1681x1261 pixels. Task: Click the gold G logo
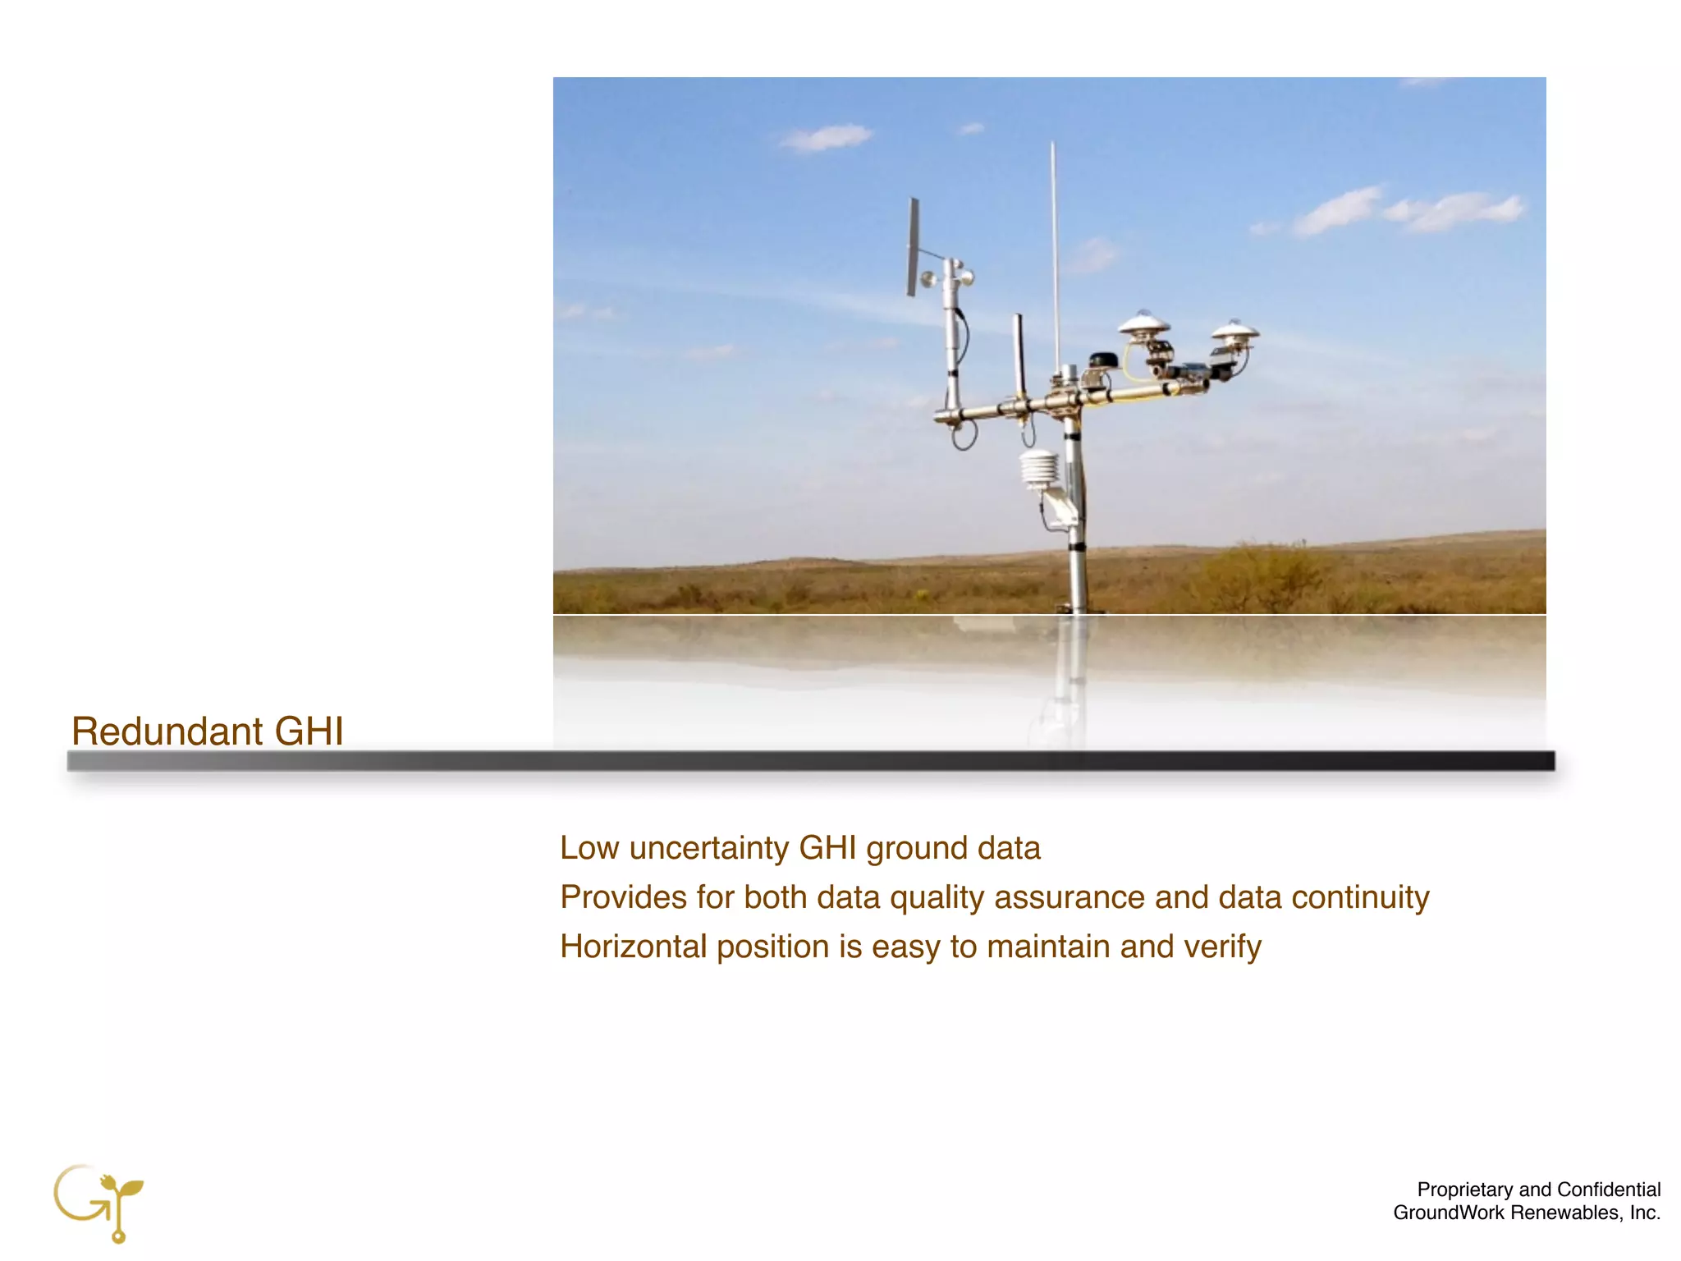[x=97, y=1201]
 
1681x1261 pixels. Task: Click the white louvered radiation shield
[x=1038, y=470]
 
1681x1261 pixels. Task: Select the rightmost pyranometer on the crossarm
[x=1234, y=332]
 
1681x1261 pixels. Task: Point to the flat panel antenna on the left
[x=913, y=246]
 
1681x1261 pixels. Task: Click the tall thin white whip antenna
[x=1055, y=246]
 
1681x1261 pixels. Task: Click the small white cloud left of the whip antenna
[x=826, y=137]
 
